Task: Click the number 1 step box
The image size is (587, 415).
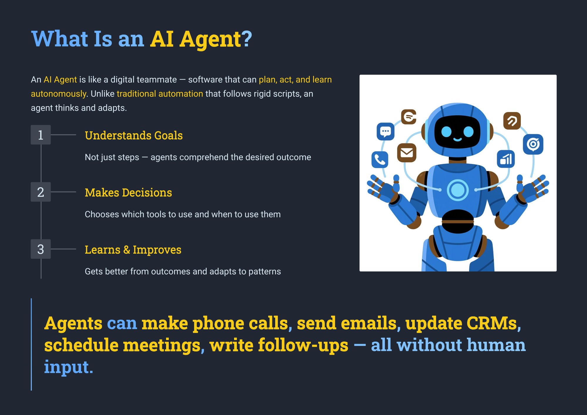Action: [41, 135]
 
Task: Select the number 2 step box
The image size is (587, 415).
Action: [41, 192]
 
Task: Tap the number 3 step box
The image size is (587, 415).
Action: [41, 249]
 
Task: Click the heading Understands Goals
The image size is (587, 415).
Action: [134, 135]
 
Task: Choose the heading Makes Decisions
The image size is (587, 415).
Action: [128, 193]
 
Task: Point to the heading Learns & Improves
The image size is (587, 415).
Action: [133, 250]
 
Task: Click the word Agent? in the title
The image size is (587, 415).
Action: [216, 39]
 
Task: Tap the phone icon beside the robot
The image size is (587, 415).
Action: [380, 160]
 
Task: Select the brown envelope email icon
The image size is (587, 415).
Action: [406, 153]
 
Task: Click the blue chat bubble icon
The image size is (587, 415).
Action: [385, 131]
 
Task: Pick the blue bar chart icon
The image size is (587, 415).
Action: [506, 159]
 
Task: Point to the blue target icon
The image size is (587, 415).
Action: [533, 144]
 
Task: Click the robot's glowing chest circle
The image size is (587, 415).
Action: [458, 190]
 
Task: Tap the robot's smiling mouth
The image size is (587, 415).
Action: [458, 139]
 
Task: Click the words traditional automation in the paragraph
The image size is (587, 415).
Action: [160, 94]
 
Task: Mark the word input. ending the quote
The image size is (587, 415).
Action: [68, 367]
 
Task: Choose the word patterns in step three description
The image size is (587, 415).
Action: [264, 271]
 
